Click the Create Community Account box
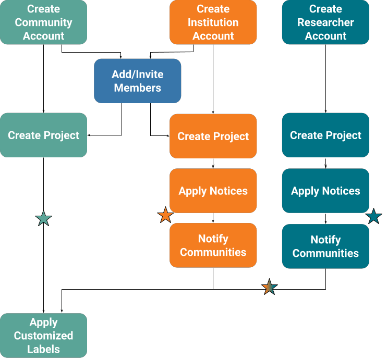[x=43, y=22]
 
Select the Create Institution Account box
[x=213, y=22]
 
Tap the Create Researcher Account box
[x=325, y=22]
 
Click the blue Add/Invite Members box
[x=137, y=81]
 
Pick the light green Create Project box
[x=43, y=135]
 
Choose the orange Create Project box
[x=213, y=136]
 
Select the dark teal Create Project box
[x=325, y=135]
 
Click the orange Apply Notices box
[x=213, y=191]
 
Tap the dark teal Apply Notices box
[x=325, y=191]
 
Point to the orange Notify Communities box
[x=213, y=245]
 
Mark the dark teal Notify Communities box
[x=325, y=246]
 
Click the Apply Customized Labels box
[x=43, y=336]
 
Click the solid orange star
[x=165, y=215]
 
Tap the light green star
[x=43, y=218]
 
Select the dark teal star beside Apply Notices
[x=373, y=216]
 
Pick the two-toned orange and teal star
[x=269, y=287]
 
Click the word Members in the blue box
[x=137, y=88]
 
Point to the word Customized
[x=43, y=336]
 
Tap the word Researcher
[x=325, y=22]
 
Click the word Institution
[x=213, y=22]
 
